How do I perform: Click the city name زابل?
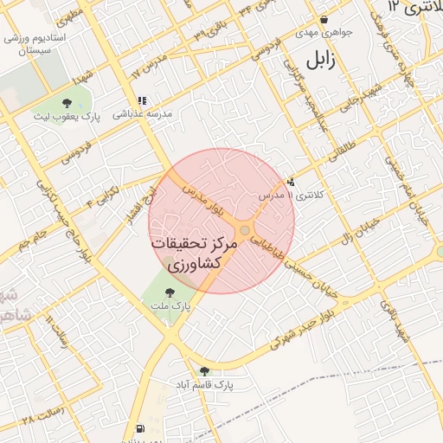[x=318, y=61]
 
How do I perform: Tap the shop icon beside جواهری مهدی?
[x=324, y=20]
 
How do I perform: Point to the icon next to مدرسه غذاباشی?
[x=142, y=101]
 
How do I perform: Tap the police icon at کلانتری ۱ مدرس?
[x=291, y=183]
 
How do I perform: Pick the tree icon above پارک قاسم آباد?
[x=204, y=371]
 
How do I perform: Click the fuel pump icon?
[x=140, y=429]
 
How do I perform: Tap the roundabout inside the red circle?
[x=245, y=230]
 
